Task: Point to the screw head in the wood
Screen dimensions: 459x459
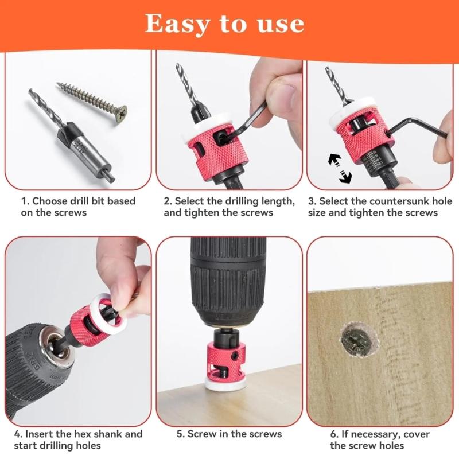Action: pos(356,340)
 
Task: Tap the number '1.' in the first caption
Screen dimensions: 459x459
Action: pos(25,201)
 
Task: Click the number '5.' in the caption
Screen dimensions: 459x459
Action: pos(180,434)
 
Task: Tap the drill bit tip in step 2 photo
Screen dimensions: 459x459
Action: pos(184,67)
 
